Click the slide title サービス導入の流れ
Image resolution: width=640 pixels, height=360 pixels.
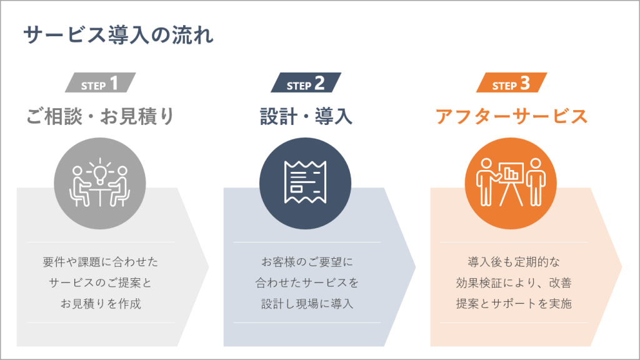coord(118,35)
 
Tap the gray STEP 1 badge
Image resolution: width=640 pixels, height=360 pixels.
coord(100,82)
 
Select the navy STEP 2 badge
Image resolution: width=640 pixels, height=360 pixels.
coord(306,82)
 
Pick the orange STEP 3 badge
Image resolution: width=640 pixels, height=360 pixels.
coord(511,82)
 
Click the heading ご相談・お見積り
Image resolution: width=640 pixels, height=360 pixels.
coord(100,116)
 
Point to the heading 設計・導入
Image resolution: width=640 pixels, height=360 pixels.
coord(306,116)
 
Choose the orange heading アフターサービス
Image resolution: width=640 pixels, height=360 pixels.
coord(511,116)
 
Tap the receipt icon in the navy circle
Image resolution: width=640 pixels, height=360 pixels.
coord(305,182)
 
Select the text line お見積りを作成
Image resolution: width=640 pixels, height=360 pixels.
coord(101,304)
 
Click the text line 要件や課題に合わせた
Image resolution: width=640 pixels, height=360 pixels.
coord(101,262)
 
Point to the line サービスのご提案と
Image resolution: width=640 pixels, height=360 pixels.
coord(101,282)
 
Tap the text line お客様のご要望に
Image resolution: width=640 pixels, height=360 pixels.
coord(307,262)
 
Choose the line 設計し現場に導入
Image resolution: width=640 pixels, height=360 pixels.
coord(307,304)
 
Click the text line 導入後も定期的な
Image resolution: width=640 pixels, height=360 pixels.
coord(514,262)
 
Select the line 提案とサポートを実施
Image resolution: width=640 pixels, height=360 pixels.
coord(514,304)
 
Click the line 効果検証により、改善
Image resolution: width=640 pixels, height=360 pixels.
coord(514,282)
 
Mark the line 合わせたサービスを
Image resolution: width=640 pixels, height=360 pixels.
coord(307,282)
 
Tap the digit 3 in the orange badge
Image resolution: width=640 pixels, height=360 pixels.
coord(525,83)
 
